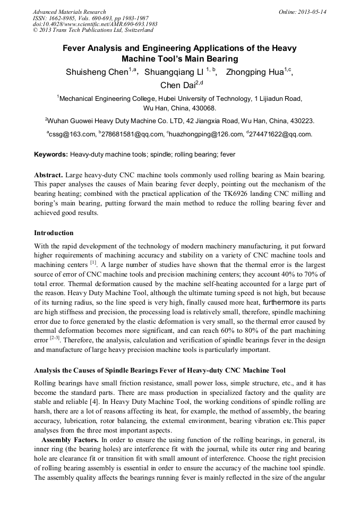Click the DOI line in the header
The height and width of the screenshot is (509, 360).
(95, 24)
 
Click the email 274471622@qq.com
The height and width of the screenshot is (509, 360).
(280, 134)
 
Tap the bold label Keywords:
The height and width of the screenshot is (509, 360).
(51, 154)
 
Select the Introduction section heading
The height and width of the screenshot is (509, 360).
(54, 233)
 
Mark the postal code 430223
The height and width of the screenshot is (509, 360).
(301, 120)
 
